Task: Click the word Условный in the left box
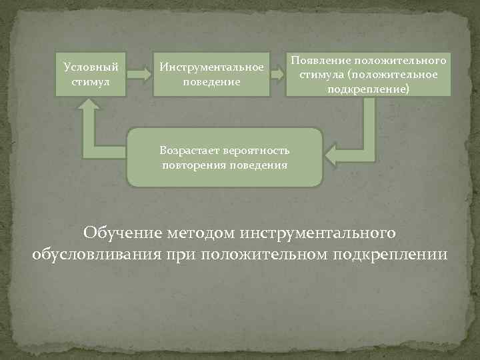point(91,67)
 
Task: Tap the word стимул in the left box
point(91,81)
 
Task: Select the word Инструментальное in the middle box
point(211,67)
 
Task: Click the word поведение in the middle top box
point(211,81)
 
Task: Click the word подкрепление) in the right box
point(368,88)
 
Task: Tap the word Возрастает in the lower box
point(188,151)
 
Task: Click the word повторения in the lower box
point(191,165)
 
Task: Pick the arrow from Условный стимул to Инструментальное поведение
point(138,74)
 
